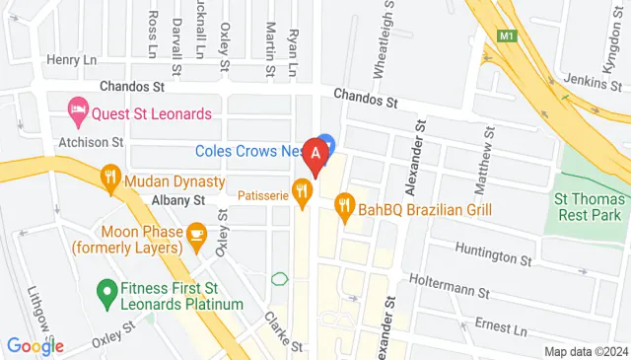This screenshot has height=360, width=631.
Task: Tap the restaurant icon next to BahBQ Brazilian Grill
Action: pos(343,207)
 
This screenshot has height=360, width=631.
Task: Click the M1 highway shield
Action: pos(507,36)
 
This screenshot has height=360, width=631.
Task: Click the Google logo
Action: pos(35,346)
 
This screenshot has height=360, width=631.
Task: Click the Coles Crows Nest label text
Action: pos(245,151)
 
